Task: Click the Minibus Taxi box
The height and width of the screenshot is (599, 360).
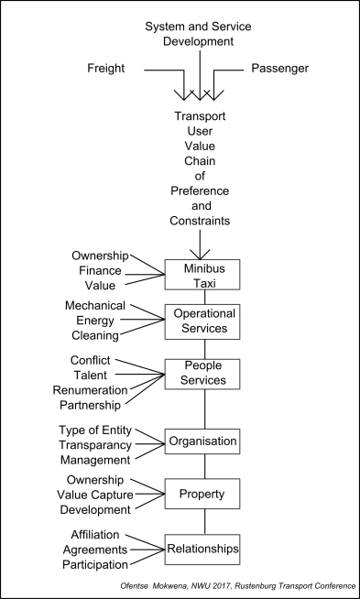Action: [202, 274]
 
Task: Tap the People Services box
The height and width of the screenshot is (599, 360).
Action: [202, 374]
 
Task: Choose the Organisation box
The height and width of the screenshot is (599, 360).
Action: [202, 441]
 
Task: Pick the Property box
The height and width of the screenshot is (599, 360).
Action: [202, 493]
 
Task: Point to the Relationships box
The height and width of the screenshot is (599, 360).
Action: [202, 550]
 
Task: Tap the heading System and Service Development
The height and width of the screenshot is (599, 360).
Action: [197, 34]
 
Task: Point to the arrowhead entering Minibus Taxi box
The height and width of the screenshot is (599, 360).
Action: [197, 256]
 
